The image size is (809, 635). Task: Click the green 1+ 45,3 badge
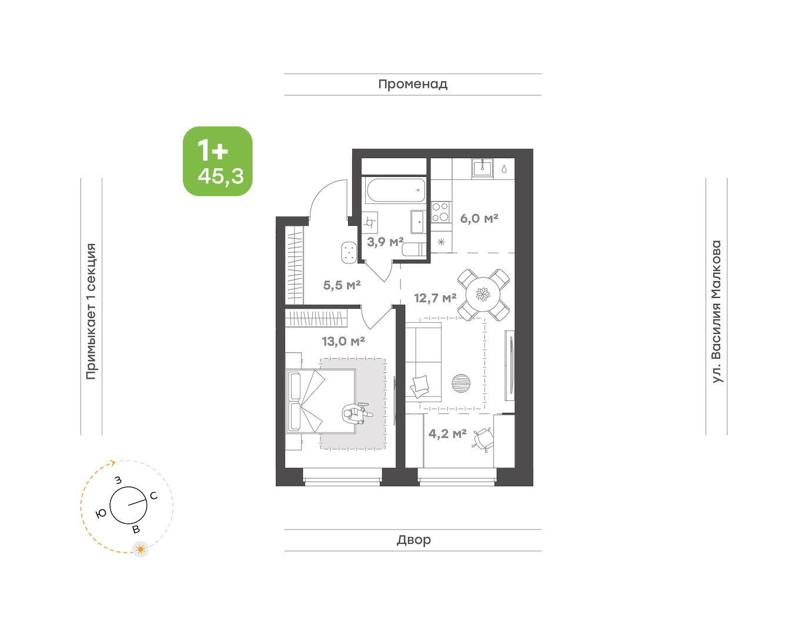218,161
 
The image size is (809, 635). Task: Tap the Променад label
413,85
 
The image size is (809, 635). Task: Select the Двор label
414,540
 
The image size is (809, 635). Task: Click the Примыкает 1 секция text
91,312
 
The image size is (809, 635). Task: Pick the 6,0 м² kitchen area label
479,218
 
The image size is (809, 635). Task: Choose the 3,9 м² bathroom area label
385,242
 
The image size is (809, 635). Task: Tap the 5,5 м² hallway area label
342,285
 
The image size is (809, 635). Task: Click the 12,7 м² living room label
435,298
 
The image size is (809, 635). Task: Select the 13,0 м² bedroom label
343,341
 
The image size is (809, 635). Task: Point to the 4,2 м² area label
447,434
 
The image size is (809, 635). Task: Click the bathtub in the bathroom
396,190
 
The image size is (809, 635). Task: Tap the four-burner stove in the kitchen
440,212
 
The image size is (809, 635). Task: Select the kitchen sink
483,168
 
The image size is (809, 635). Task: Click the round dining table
483,295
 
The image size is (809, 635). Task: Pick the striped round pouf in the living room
461,383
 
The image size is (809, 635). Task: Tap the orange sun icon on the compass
141,549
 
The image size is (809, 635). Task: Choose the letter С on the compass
153,496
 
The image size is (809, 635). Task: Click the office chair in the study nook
483,440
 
